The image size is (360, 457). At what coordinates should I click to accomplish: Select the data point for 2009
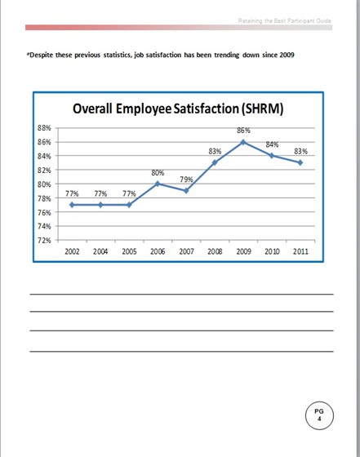click(x=243, y=142)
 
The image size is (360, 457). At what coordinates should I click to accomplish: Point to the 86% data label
click(x=243, y=131)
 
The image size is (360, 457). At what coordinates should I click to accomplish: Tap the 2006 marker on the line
click(x=158, y=184)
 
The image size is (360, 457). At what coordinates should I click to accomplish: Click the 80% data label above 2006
click(x=158, y=172)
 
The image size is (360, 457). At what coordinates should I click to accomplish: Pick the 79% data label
click(x=186, y=180)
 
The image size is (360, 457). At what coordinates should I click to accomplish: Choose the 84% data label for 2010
click(x=273, y=144)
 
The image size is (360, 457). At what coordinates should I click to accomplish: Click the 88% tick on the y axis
click(x=46, y=128)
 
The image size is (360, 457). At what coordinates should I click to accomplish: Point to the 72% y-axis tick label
click(x=46, y=240)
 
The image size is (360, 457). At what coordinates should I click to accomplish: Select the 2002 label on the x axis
click(x=72, y=252)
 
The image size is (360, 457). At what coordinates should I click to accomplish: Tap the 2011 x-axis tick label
click(x=300, y=252)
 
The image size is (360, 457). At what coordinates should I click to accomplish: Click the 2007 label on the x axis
click(x=186, y=252)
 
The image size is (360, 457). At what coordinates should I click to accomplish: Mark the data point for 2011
click(x=300, y=162)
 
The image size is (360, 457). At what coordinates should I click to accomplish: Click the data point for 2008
click(x=215, y=162)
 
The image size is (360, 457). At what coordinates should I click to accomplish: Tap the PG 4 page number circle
click(x=319, y=415)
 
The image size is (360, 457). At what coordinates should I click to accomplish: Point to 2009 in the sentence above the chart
click(x=285, y=55)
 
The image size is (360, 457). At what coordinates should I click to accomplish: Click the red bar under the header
click(x=180, y=28)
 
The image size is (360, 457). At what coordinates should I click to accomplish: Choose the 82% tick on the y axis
click(x=46, y=170)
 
